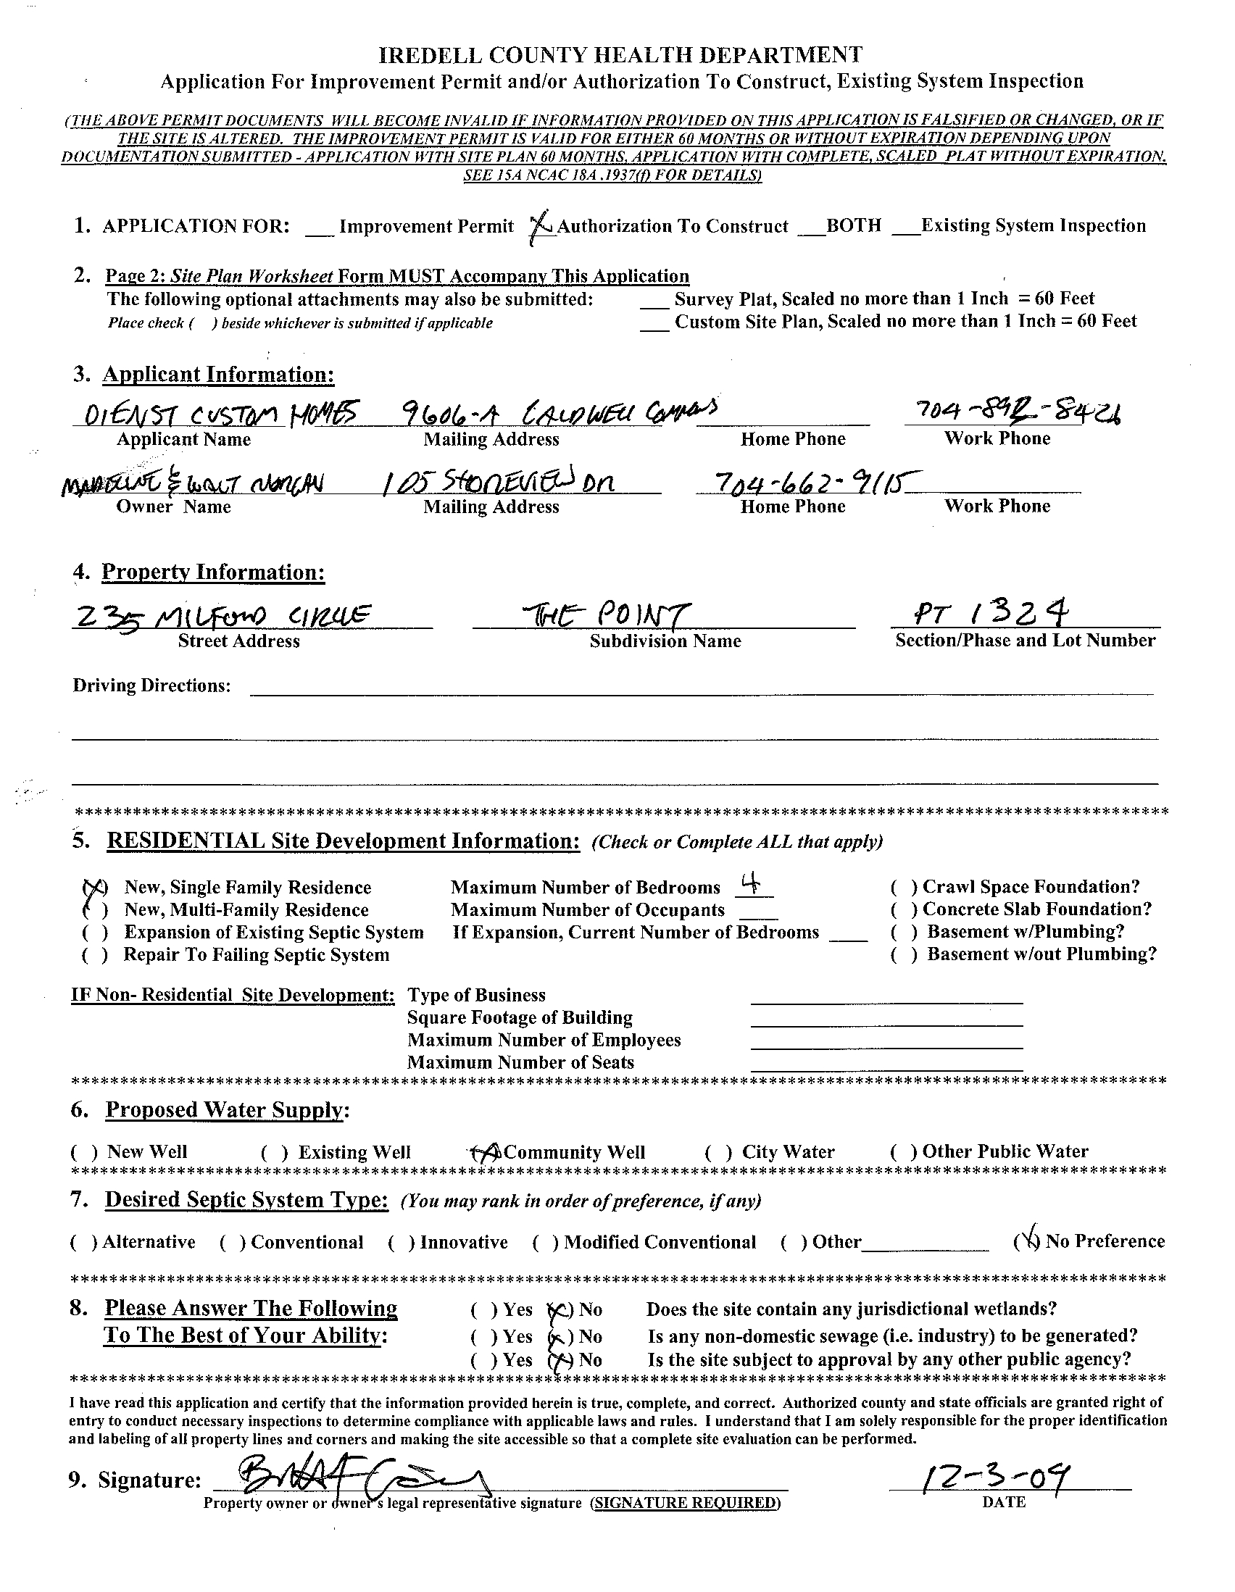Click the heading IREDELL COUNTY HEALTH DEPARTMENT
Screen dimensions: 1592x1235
[621, 54]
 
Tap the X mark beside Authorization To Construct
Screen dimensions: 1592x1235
[541, 228]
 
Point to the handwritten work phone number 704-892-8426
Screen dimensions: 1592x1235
[1012, 414]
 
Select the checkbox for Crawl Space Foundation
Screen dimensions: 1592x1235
[904, 887]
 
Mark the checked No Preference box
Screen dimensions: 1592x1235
[1027, 1241]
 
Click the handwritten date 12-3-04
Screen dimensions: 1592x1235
[994, 1480]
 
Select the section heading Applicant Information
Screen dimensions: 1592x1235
[218, 375]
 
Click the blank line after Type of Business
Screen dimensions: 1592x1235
[886, 996]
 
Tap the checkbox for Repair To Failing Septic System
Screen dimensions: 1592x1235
[96, 955]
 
